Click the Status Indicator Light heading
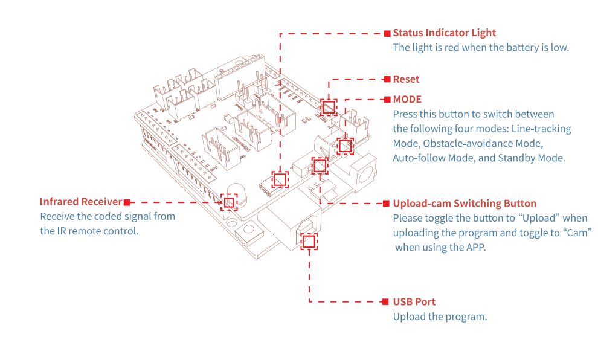[445, 33]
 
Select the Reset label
[406, 79]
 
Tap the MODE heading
[407, 100]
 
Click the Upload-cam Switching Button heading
[465, 204]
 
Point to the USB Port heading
[414, 302]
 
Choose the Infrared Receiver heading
[81, 202]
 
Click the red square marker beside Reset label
[387, 79]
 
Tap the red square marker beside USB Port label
[385, 302]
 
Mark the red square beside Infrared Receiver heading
[127, 202]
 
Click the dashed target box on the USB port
[309, 242]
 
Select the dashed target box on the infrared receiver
[229, 202]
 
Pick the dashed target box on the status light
[280, 179]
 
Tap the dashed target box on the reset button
[329, 108]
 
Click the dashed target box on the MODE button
[345, 146]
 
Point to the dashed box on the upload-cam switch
[320, 166]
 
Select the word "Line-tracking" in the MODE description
[541, 129]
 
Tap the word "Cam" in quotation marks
[577, 233]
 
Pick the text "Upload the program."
[440, 317]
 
